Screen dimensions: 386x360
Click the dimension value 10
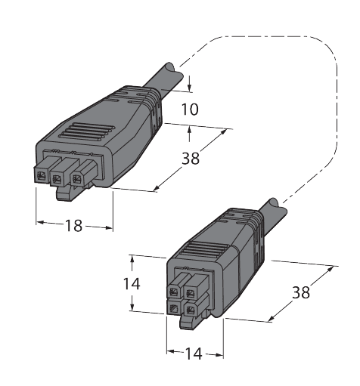[191, 109]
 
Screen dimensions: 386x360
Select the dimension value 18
[74, 224]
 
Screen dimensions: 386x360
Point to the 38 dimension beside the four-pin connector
[301, 292]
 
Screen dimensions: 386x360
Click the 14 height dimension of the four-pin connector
[132, 284]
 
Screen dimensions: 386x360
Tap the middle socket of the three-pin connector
[58, 178]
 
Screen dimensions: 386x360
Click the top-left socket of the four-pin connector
[175, 291]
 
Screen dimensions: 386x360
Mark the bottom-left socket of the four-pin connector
[175, 308]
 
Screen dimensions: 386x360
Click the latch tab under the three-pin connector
[66, 194]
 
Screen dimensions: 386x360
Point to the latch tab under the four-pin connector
[188, 323]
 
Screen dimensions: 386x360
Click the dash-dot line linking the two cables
[335, 106]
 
